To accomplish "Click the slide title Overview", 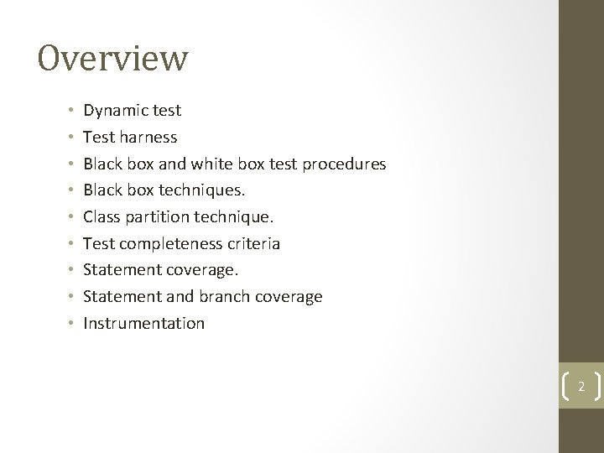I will [x=113, y=60].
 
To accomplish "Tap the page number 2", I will [x=581, y=387].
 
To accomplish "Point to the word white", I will [x=217, y=164].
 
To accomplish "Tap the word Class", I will [x=102, y=216].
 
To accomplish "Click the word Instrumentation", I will [x=143, y=323].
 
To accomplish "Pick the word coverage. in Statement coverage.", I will [x=201, y=270].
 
